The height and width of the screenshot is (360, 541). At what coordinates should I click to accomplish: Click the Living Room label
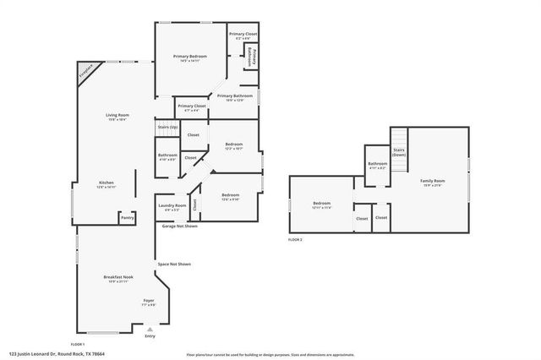(117, 116)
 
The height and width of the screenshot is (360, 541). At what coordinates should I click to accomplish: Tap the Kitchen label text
(107, 183)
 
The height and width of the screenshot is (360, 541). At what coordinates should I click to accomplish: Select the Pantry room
(128, 217)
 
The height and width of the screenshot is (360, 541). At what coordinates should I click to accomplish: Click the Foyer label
(148, 301)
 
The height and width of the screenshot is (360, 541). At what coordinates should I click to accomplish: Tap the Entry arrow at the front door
(150, 330)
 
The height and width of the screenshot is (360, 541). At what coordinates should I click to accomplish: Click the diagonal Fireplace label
(85, 73)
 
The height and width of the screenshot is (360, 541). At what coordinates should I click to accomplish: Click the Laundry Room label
(172, 206)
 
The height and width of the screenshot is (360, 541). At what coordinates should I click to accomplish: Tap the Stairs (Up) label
(167, 128)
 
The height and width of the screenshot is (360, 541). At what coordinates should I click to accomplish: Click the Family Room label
(433, 182)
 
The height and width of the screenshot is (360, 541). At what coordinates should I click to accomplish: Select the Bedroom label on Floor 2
(322, 204)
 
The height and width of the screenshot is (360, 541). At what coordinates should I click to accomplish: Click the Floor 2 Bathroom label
(377, 164)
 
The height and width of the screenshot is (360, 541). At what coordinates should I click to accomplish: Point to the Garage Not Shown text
(180, 226)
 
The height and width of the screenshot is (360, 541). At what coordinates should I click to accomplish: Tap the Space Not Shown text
(173, 265)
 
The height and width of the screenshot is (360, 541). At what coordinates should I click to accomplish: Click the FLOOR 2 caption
(295, 241)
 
